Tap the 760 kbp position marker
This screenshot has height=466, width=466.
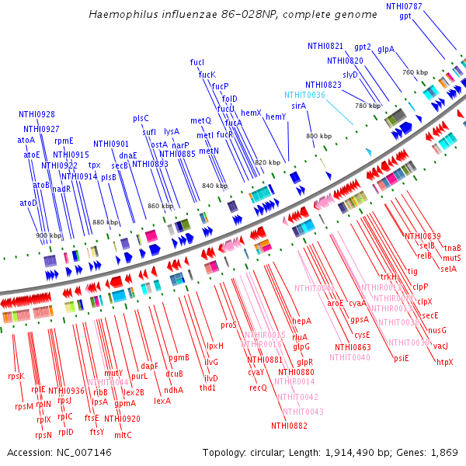click(416, 72)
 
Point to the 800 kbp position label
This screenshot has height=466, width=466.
click(318, 136)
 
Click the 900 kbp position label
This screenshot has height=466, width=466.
click(48, 235)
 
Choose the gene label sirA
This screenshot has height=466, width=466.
click(298, 105)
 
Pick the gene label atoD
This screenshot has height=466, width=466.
click(28, 203)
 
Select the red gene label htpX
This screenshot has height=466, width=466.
click(444, 362)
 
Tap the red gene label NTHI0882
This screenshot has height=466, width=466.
click(288, 426)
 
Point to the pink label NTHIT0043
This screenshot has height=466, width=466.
click(303, 411)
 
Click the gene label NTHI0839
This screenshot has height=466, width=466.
click(423, 236)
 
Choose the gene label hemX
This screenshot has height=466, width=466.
click(251, 113)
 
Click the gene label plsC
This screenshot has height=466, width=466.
click(141, 118)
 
